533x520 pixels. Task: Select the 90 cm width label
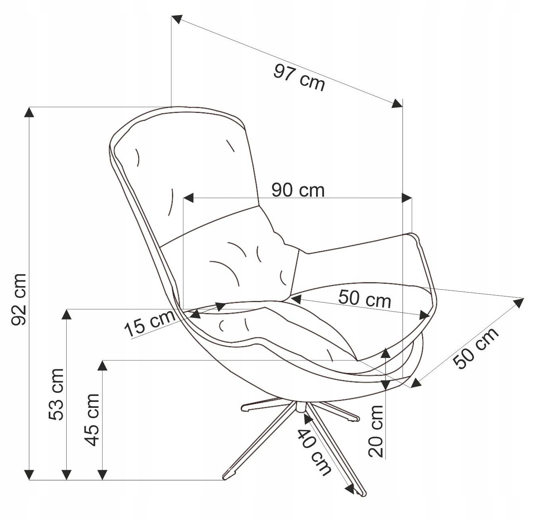click(x=298, y=190)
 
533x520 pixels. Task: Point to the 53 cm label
click(x=56, y=394)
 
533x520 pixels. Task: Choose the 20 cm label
click(x=376, y=431)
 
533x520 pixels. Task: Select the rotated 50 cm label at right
click(x=476, y=348)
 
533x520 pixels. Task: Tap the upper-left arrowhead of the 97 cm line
click(x=177, y=19)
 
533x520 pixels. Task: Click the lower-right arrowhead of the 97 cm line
click(x=397, y=104)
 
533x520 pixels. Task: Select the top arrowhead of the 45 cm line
click(x=103, y=365)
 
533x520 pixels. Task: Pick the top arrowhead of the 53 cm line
click(x=67, y=314)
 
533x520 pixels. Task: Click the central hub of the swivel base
click(x=300, y=407)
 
